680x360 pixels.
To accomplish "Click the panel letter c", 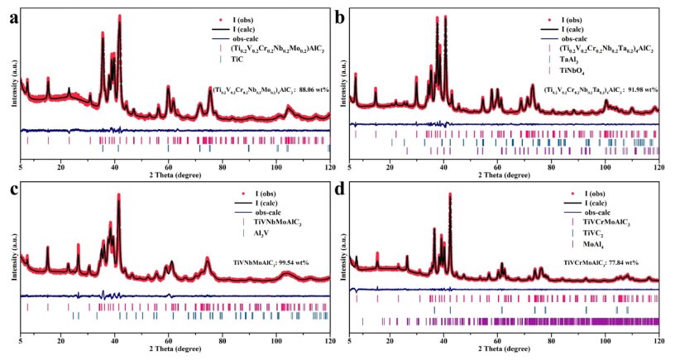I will pos(7,191).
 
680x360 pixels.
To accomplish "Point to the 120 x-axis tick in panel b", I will pos(658,166).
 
